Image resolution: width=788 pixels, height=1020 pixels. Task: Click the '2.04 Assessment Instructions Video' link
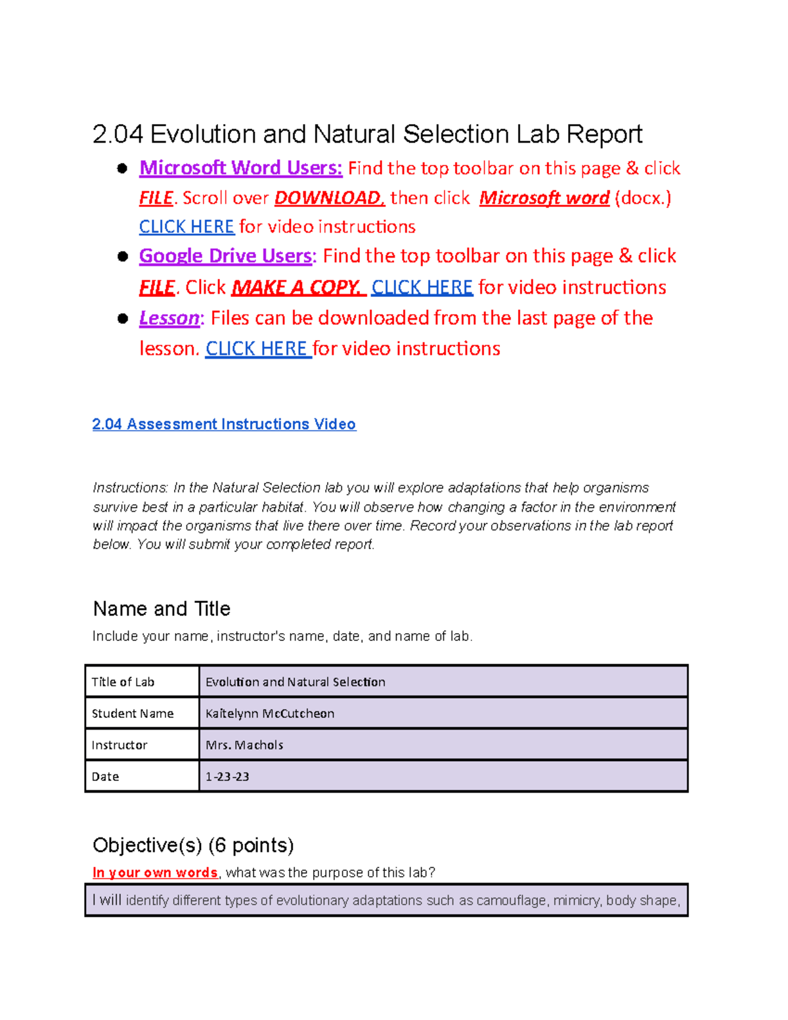coord(224,424)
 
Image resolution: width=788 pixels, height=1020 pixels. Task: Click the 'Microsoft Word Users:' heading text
coord(240,168)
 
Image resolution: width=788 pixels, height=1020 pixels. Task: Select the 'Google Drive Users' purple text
coord(225,255)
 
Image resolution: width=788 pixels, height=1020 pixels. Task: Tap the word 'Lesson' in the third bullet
coord(169,318)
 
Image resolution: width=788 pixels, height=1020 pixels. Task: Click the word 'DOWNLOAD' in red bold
coord(328,198)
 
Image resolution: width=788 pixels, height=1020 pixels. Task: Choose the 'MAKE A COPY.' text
coord(297,287)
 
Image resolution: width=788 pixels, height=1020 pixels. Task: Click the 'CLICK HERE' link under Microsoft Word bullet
coord(186,227)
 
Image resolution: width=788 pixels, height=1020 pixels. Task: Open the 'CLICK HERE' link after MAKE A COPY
coord(422,287)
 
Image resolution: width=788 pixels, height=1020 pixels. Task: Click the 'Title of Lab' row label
coord(123,682)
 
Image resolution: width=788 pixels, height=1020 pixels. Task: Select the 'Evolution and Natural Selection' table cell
coord(295,682)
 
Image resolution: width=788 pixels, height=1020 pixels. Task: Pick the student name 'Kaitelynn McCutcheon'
coord(270,713)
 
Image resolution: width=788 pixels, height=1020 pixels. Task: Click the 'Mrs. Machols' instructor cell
coord(244,745)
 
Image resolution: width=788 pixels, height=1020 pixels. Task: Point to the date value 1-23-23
coord(227,776)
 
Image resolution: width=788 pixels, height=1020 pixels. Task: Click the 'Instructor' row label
coord(120,745)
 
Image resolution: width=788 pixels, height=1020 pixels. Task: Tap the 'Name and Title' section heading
coord(162,609)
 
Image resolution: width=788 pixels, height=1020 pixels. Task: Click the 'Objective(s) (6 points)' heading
coord(193,845)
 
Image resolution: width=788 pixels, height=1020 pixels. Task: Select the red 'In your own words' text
coord(155,872)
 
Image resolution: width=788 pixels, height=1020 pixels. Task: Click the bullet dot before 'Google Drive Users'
coord(122,256)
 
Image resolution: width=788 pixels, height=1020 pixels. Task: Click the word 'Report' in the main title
coord(604,134)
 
